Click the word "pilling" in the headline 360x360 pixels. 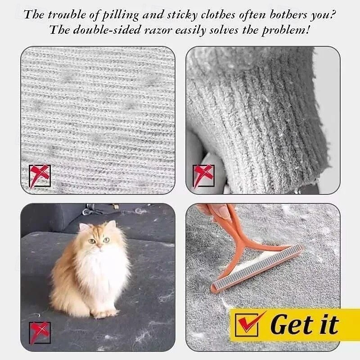[x=120, y=15]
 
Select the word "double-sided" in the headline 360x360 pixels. [x=107, y=30]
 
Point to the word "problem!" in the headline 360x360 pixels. [x=286, y=30]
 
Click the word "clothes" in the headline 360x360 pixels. [x=218, y=15]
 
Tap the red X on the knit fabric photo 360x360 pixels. [x=40, y=176]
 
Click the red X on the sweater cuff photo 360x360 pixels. [x=203, y=175]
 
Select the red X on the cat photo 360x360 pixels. [x=40, y=333]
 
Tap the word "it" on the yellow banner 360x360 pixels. [x=330, y=324]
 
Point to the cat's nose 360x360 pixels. [x=99, y=246]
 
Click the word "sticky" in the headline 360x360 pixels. [x=182, y=15]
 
